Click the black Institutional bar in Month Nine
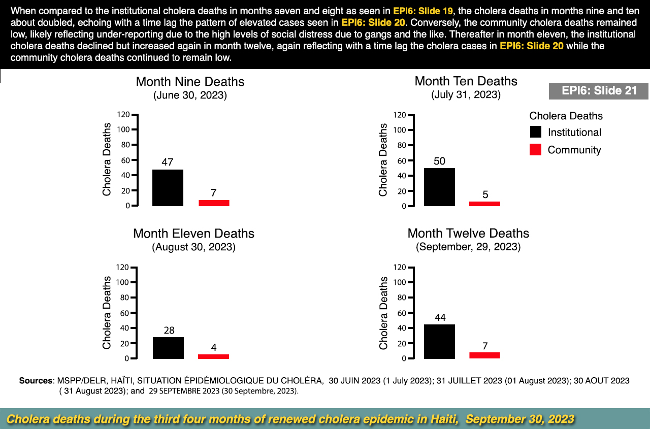click(168, 188)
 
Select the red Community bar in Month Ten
click(484, 204)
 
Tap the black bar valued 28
click(168, 348)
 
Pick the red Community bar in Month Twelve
click(484, 355)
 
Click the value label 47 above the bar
click(168, 162)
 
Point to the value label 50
click(440, 161)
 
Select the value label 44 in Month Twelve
click(440, 318)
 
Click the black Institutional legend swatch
click(535, 132)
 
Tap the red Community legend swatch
click(535, 150)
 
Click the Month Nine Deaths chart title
click(190, 82)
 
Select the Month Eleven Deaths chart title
click(193, 234)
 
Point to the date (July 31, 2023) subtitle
click(466, 95)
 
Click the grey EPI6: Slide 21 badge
click(599, 91)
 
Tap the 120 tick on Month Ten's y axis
click(399, 115)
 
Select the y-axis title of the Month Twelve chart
click(383, 313)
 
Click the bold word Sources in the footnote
click(36, 380)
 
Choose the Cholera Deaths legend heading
click(566, 116)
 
